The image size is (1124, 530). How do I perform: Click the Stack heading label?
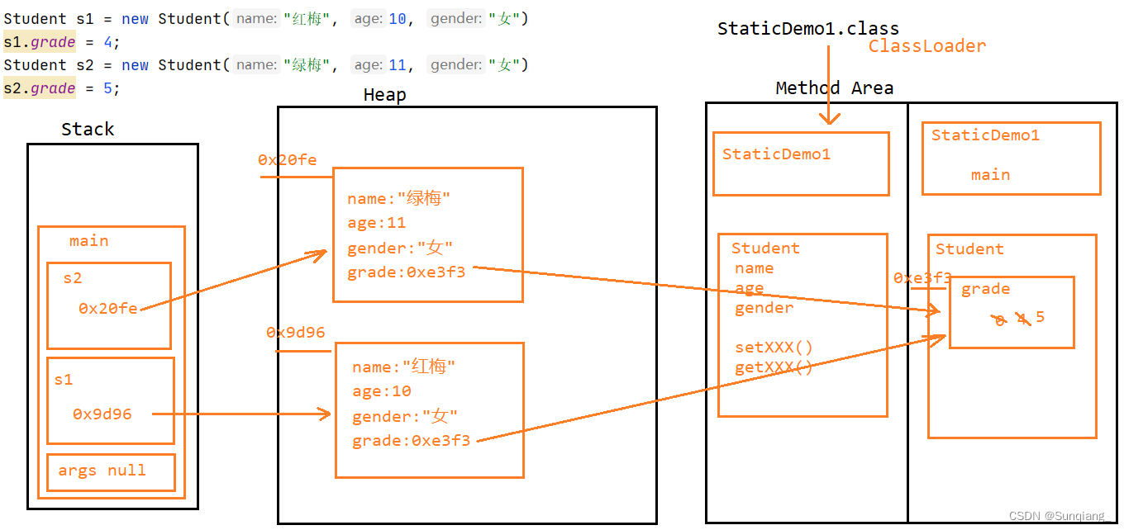pyautogui.click(x=88, y=130)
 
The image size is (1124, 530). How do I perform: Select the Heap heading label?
pyautogui.click(x=384, y=95)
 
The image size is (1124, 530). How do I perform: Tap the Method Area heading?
pyautogui.click(x=834, y=88)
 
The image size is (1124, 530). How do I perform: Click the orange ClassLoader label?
pyautogui.click(x=926, y=46)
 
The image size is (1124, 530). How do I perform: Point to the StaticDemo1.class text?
pyautogui.click(x=807, y=29)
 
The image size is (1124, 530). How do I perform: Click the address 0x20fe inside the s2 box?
pyautogui.click(x=108, y=308)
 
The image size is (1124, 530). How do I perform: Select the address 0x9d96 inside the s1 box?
pyautogui.click(x=102, y=414)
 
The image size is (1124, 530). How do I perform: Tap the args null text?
pyautogui.click(x=102, y=471)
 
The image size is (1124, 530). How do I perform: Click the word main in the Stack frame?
pyautogui.click(x=88, y=241)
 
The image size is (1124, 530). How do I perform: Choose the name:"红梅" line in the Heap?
pyautogui.click(x=403, y=367)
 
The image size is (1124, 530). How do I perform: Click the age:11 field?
pyautogui.click(x=376, y=223)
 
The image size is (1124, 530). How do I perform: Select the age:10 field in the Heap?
pyautogui.click(x=381, y=391)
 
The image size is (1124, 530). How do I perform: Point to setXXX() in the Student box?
pyautogui.click(x=774, y=348)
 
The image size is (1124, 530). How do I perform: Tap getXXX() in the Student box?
pyautogui.click(x=774, y=368)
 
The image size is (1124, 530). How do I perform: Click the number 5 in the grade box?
pyautogui.click(x=1040, y=317)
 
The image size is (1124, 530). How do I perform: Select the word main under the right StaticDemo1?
pyautogui.click(x=990, y=175)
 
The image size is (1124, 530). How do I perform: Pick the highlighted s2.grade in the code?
pyautogui.click(x=40, y=88)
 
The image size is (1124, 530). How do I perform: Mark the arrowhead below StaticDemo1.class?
pyautogui.click(x=829, y=119)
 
